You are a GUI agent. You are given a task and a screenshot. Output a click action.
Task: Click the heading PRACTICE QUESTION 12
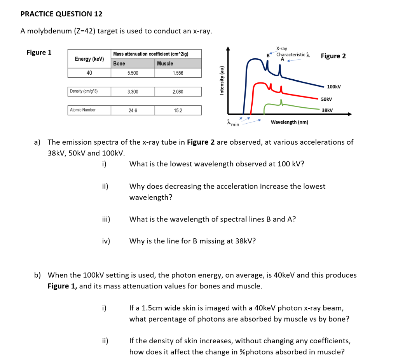tap(61, 14)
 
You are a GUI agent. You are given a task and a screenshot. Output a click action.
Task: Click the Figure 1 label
tap(39, 52)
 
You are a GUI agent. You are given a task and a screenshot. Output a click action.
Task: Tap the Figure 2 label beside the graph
tap(333, 56)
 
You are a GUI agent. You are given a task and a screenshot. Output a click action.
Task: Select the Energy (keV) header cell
tap(89, 59)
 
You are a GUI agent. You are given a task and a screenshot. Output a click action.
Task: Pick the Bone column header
tap(119, 63)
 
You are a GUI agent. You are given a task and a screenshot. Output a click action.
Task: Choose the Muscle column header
tap(165, 63)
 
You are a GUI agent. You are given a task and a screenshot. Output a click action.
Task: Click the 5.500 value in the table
tap(133, 73)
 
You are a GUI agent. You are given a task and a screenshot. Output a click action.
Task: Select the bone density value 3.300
tap(133, 92)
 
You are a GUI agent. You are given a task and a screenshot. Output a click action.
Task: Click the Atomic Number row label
tap(83, 110)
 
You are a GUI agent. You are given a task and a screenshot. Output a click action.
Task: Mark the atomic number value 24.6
tap(133, 110)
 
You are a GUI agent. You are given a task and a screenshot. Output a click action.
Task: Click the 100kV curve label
tap(334, 86)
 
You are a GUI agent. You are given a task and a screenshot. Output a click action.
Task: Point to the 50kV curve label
tap(326, 100)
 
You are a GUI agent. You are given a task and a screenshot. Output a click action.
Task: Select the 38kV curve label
tap(327, 110)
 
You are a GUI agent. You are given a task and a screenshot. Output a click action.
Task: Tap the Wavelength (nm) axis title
tap(290, 122)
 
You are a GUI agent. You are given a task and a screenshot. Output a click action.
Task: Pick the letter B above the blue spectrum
tap(268, 55)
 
